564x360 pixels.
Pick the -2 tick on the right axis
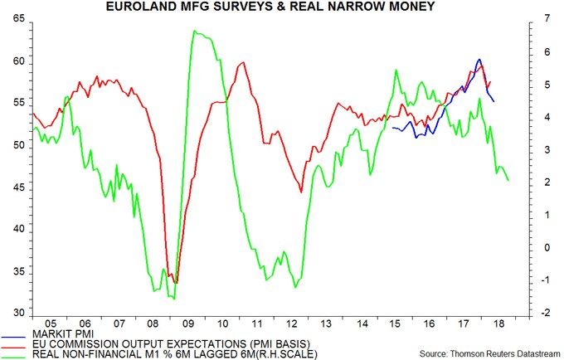tap(540, 313)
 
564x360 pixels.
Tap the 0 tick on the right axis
tap(538, 247)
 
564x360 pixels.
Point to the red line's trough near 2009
tap(174, 283)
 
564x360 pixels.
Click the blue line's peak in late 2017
tap(479, 59)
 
